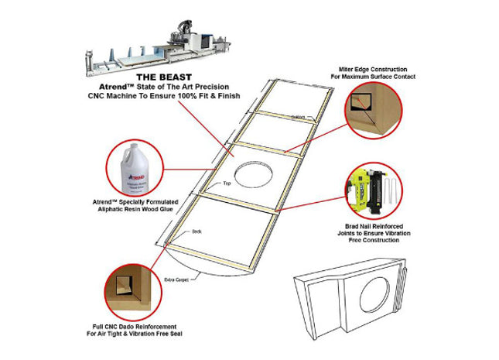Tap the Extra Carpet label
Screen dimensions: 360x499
(x=177, y=279)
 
